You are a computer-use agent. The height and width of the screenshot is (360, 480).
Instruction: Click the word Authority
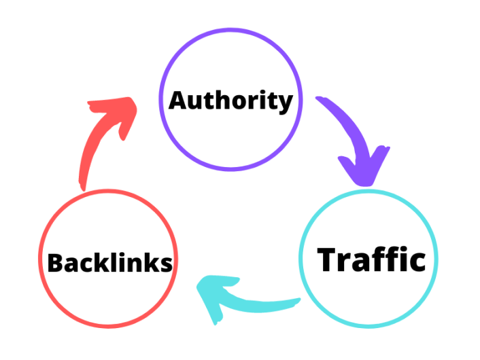tap(230, 101)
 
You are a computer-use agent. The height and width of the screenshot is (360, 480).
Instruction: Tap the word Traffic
tap(372, 259)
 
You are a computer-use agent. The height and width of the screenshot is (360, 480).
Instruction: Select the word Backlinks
tap(109, 262)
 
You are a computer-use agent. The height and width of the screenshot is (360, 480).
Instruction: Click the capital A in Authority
tap(178, 100)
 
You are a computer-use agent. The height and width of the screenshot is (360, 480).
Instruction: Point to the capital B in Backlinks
tap(56, 262)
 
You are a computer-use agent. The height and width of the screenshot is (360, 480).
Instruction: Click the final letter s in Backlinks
tap(165, 265)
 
